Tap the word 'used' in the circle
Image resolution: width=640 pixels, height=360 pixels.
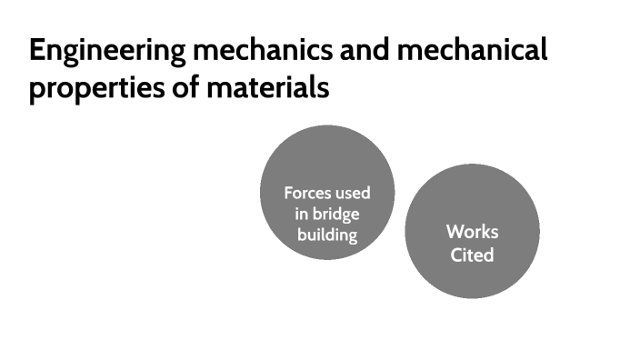[x=352, y=194]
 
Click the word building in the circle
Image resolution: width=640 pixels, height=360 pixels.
[x=327, y=235]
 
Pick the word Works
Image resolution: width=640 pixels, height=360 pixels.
[x=472, y=232]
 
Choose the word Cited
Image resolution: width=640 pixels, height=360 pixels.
[x=472, y=255]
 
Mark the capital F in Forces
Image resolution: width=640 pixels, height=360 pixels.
[x=288, y=194]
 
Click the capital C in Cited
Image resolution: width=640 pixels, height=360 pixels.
[x=457, y=255]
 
